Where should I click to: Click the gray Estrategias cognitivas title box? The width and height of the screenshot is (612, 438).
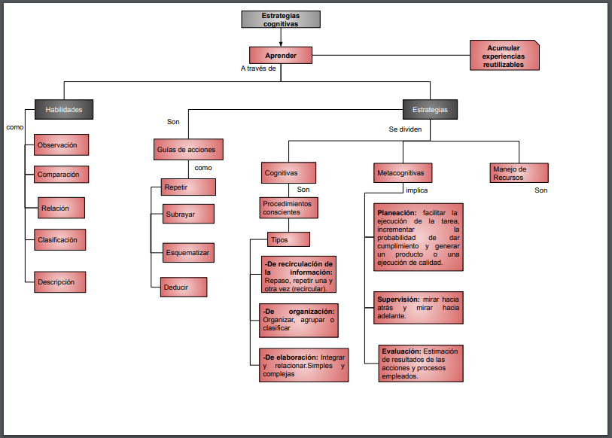[280, 20]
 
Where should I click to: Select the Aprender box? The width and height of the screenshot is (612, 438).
[280, 55]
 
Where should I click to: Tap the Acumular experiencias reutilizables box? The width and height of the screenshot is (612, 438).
[504, 56]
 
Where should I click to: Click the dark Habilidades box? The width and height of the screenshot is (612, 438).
[63, 109]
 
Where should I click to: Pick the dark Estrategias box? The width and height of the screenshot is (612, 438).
[430, 109]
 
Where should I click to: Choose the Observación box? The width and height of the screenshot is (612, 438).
[62, 144]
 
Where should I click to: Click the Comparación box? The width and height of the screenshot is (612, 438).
[62, 174]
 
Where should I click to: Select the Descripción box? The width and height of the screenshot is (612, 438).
[60, 282]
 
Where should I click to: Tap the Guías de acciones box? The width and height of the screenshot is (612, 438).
[190, 149]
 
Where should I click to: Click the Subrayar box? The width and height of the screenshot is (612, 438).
[188, 214]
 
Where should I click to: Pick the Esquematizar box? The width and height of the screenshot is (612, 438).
[188, 253]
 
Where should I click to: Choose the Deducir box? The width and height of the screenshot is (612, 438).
[184, 287]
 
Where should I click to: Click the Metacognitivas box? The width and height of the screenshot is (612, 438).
[400, 173]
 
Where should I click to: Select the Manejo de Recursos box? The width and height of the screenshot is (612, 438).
[519, 173]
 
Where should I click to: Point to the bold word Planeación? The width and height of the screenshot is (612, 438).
[396, 213]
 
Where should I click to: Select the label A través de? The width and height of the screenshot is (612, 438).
[258, 69]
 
